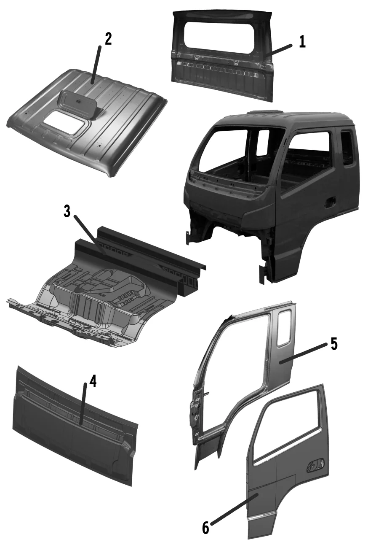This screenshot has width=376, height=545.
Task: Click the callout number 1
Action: click(x=302, y=42)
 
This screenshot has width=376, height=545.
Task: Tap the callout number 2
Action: click(x=108, y=39)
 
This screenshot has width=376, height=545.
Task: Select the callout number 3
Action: click(x=67, y=212)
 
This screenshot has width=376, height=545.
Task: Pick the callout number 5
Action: click(x=333, y=344)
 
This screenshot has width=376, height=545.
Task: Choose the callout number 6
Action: click(x=205, y=527)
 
